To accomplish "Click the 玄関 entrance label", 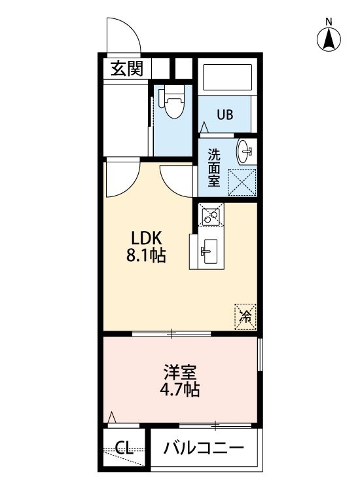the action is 127,69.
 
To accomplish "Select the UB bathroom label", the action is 225,115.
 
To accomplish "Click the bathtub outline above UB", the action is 227,77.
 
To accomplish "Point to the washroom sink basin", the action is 245,152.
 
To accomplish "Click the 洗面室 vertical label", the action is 214,168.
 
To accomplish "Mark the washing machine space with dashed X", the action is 242,182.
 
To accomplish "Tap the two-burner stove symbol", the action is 211,214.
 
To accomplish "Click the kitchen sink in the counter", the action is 209,251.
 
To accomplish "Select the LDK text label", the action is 146,238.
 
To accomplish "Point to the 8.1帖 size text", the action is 146,255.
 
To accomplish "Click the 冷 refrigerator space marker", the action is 245,317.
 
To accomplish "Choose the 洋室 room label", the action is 180,372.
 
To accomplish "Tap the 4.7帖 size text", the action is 179,390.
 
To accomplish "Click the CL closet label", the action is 124,448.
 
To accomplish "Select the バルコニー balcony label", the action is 204,448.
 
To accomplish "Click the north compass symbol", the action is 329,40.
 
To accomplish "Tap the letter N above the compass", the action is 329,22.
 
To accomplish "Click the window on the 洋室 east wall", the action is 260,354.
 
